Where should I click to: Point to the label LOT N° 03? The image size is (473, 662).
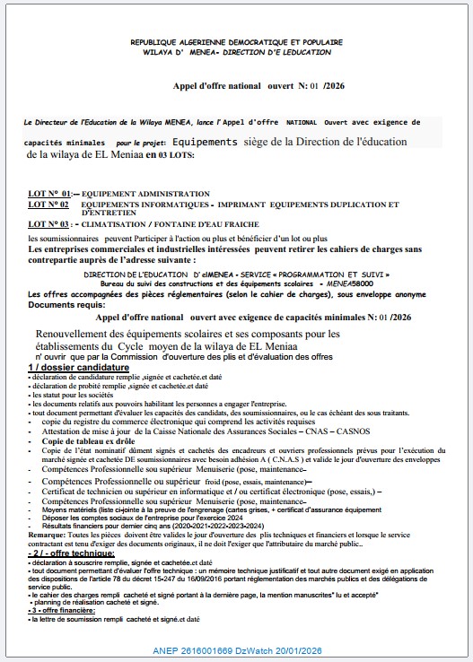click(x=50, y=224)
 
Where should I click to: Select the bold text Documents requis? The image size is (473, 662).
click(x=61, y=304)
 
